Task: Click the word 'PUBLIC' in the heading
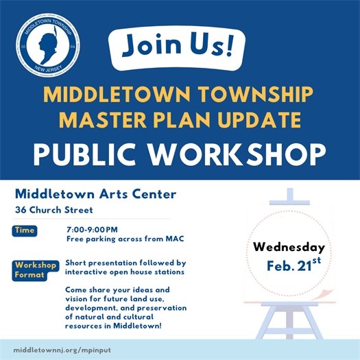pos(84,154)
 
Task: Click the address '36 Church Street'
pos(56,209)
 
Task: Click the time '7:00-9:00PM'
pos(92,229)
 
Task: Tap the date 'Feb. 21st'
pos(292,264)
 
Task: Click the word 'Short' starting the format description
pos(76,263)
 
